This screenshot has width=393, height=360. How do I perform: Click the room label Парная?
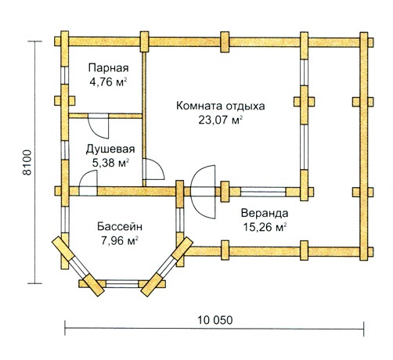pos(108,68)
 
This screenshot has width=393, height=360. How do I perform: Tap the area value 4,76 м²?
pos(108,82)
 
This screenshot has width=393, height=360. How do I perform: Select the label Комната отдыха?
pos(221,106)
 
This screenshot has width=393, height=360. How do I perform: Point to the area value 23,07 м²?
pos(221,121)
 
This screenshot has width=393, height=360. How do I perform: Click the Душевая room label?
pos(110,149)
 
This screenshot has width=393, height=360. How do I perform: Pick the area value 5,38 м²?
pos(110,163)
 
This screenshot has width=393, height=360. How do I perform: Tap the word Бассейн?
pos(120,226)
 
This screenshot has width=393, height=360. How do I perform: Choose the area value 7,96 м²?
pos(120,240)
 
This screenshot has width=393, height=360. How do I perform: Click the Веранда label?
pos(265,213)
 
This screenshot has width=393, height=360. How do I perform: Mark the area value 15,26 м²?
pos(265,227)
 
